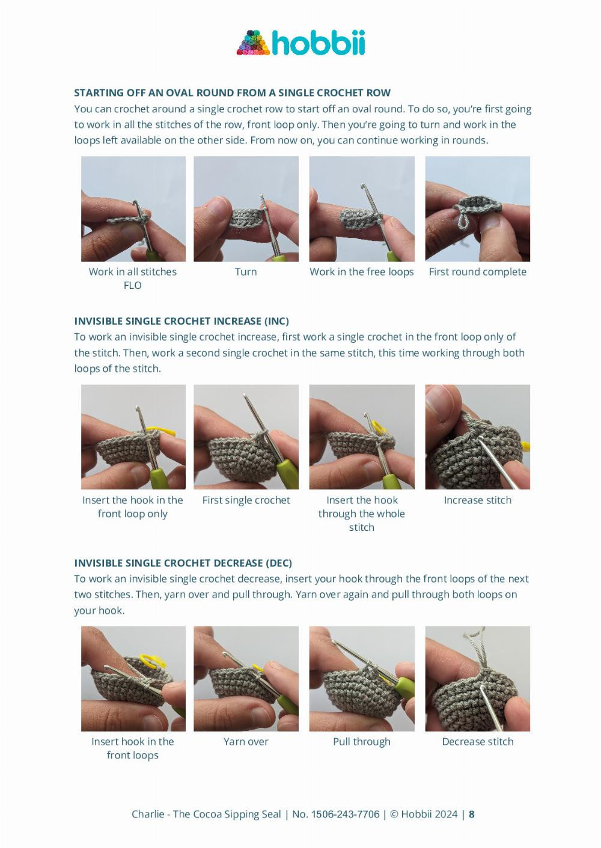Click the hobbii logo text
(x=319, y=43)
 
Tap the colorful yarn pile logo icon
(x=253, y=43)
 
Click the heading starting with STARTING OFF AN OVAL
(x=233, y=92)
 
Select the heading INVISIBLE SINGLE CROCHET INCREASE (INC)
(x=182, y=321)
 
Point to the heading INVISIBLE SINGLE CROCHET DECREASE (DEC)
(x=183, y=563)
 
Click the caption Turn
(x=246, y=272)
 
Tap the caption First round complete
(x=477, y=272)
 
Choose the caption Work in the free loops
(x=362, y=272)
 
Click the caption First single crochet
(x=246, y=500)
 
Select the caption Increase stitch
(x=477, y=500)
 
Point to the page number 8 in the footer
(x=472, y=811)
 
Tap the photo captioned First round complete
(x=477, y=209)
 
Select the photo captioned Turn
(x=246, y=209)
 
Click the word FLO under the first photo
(x=133, y=285)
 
